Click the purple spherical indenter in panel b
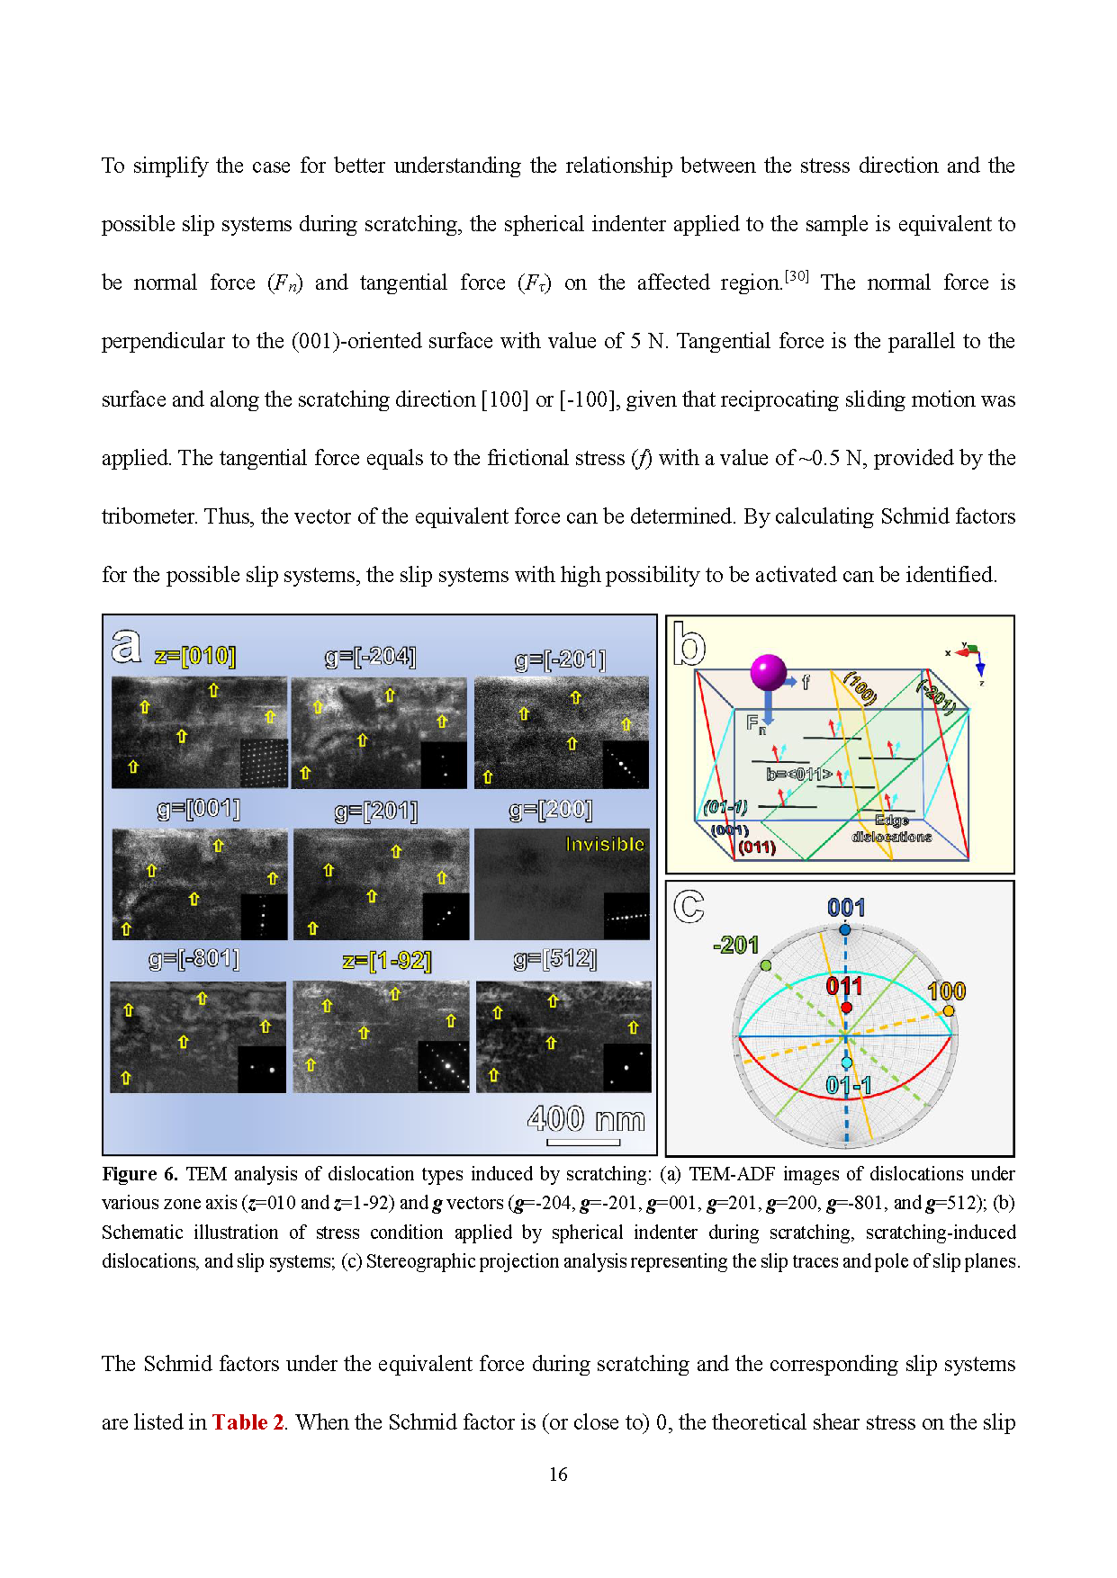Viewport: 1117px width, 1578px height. click(x=768, y=672)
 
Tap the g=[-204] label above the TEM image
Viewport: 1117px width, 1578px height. click(x=370, y=658)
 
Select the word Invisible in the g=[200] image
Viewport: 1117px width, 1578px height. click(x=604, y=844)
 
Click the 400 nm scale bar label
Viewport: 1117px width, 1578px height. click(x=586, y=1119)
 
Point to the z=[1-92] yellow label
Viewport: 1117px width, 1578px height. click(x=387, y=961)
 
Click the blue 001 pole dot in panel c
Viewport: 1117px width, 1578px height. click(x=844, y=929)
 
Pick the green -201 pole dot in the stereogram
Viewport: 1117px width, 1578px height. click(x=765, y=965)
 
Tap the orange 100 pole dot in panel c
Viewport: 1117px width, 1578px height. click(x=948, y=1010)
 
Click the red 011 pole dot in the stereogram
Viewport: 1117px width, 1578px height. click(x=846, y=1008)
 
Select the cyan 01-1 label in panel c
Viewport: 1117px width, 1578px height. click(x=848, y=1086)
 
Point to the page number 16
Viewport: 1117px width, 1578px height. click(x=558, y=1475)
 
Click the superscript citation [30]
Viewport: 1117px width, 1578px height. click(x=797, y=276)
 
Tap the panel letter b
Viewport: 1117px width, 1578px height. click(x=689, y=644)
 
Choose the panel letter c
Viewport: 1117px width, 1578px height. click(x=689, y=906)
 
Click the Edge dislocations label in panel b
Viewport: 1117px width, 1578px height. click(x=891, y=829)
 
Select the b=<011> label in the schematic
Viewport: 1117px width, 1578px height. click(x=798, y=774)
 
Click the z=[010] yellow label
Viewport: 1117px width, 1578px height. click(x=194, y=656)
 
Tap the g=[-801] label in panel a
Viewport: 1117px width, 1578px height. click(x=194, y=959)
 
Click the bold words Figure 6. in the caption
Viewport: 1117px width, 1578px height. click(x=140, y=1174)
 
